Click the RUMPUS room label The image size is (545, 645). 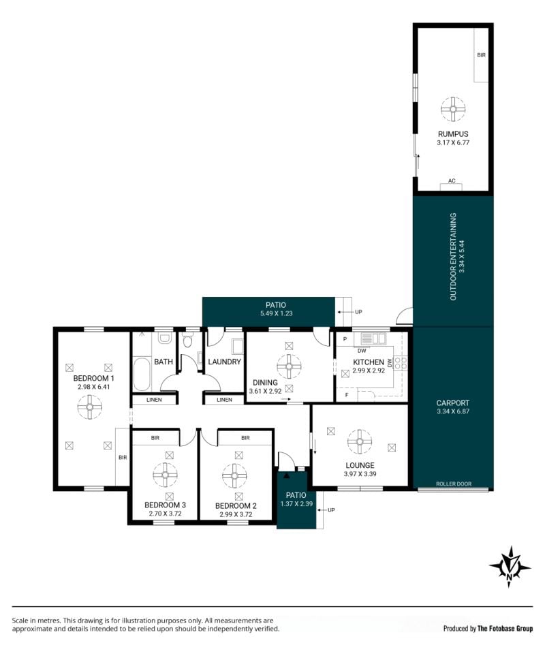(x=453, y=134)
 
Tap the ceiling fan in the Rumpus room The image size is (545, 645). (x=453, y=109)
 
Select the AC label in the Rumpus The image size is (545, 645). (x=452, y=180)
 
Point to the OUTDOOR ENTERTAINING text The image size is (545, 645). (x=453, y=256)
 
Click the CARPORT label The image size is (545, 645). (x=453, y=403)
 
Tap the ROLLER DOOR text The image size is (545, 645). (x=454, y=484)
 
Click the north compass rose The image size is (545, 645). (x=510, y=567)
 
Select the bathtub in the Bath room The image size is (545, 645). (x=142, y=374)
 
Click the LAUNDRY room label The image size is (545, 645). (x=224, y=362)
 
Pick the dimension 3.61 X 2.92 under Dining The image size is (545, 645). (x=265, y=391)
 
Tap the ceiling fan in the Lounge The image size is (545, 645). (x=360, y=442)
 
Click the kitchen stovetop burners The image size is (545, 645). (x=401, y=363)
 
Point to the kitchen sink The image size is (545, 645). (x=373, y=339)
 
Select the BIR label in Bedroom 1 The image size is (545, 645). (x=123, y=458)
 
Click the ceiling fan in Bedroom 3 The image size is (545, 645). (x=165, y=475)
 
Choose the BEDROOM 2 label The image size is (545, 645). (x=236, y=506)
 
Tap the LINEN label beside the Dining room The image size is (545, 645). (x=224, y=399)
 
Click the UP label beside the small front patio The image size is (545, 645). (x=331, y=510)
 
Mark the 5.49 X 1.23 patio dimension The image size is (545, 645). (x=276, y=313)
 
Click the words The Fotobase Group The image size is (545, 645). (x=505, y=628)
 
